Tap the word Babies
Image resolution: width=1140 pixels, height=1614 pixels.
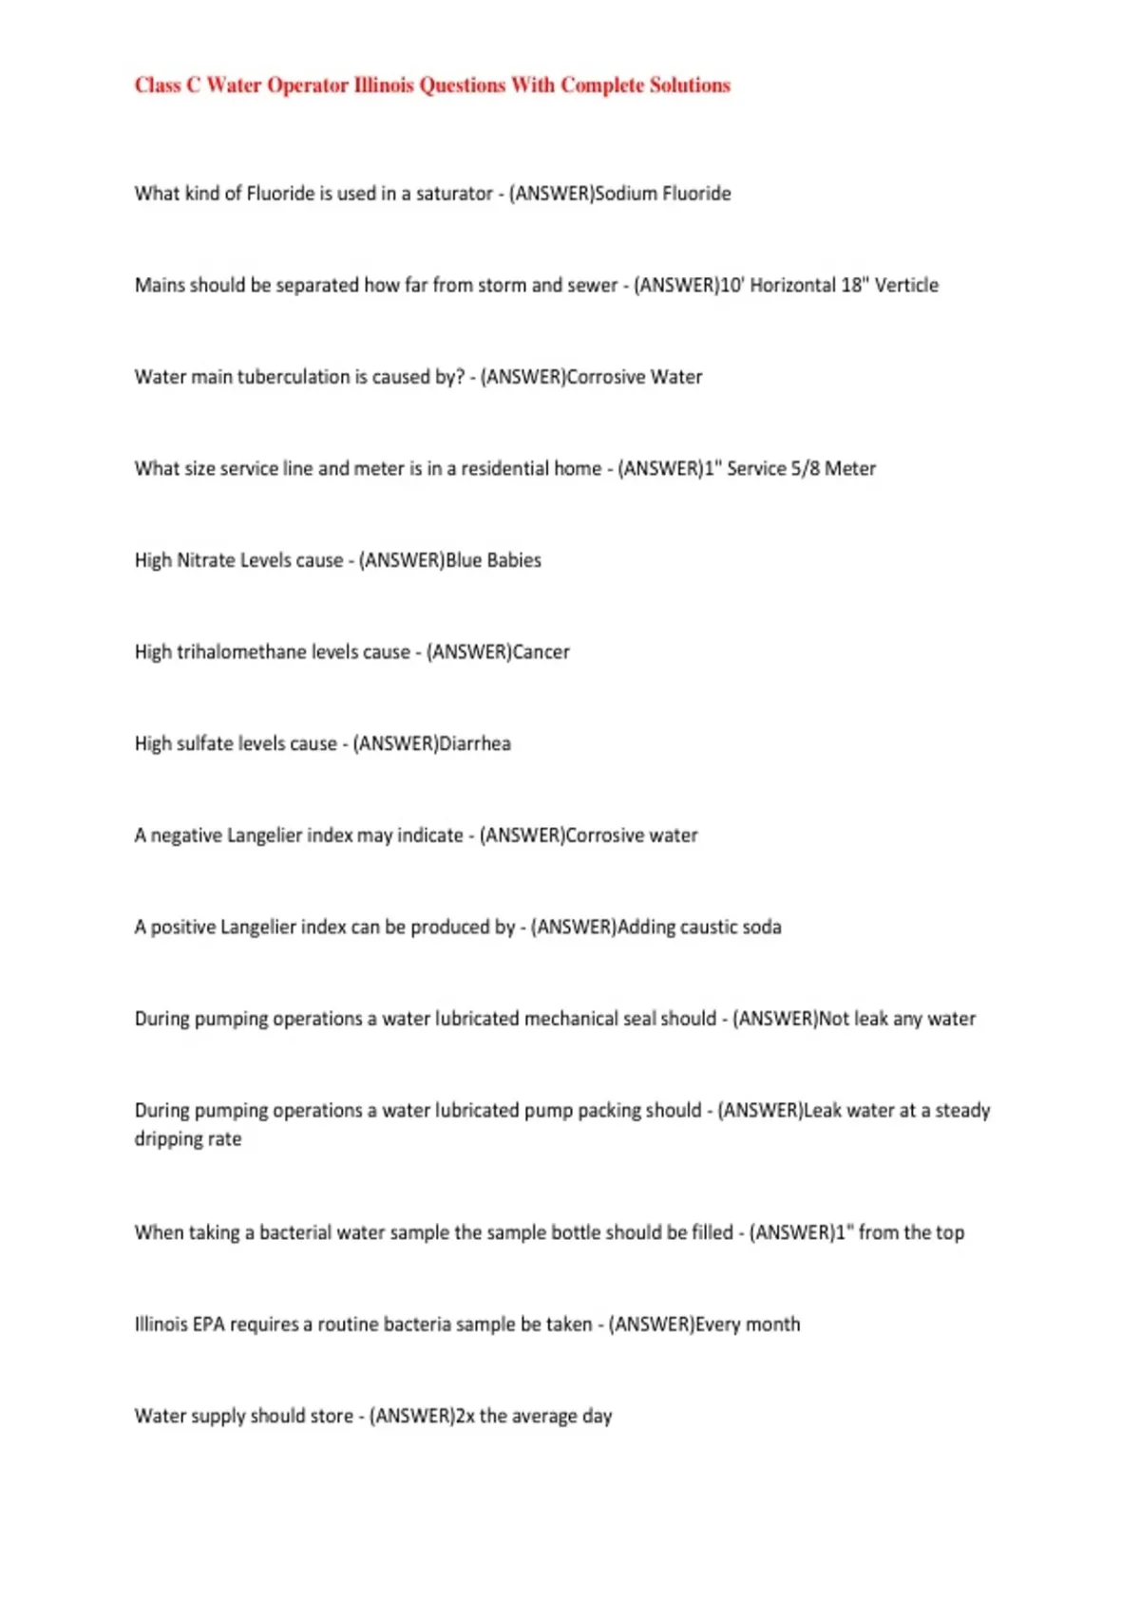[514, 561]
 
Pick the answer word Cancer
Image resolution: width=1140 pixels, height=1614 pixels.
[541, 652]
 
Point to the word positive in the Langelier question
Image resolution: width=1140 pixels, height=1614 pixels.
[183, 928]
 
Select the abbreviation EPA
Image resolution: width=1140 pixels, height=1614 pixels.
[208, 1324]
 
